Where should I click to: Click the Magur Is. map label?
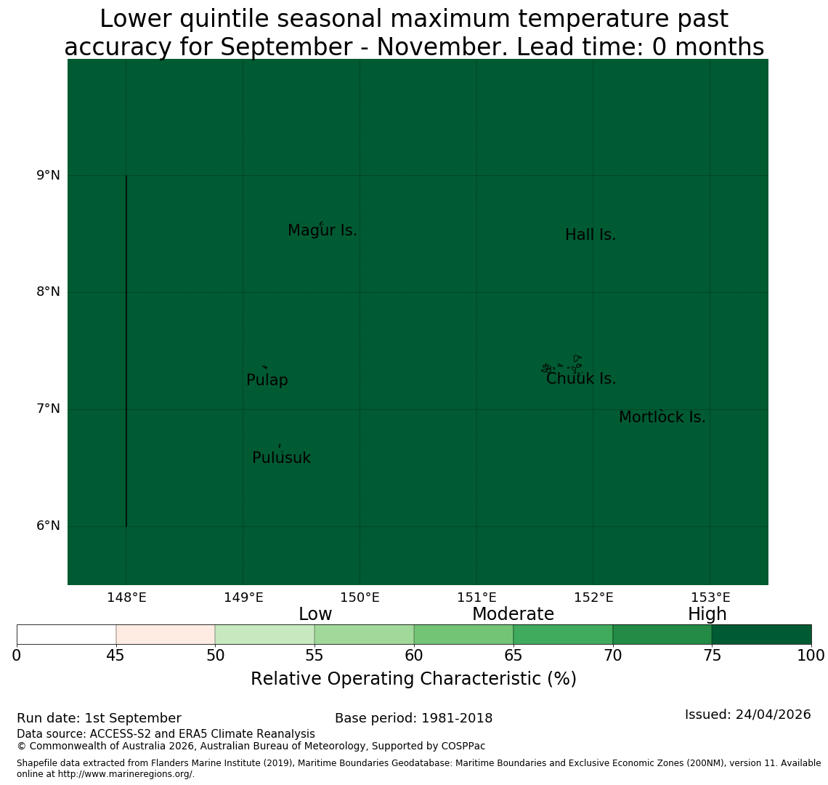(322, 230)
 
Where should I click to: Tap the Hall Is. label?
(590, 235)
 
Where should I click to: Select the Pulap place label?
(267, 380)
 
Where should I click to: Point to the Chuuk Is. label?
(581, 379)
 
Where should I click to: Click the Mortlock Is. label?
(662, 417)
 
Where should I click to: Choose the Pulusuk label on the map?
(282, 458)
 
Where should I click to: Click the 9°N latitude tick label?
(49, 175)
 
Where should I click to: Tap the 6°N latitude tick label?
(49, 526)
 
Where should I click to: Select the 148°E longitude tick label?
(126, 597)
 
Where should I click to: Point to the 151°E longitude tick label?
(477, 597)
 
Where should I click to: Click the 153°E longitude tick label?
(711, 597)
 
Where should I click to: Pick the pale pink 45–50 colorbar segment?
(166, 635)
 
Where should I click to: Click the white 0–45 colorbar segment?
(67, 635)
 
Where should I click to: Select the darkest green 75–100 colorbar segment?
(761, 635)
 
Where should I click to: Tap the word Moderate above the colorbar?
(514, 614)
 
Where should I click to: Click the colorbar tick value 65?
(514, 656)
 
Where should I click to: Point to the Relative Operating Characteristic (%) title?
(413, 679)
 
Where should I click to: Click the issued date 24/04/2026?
(773, 714)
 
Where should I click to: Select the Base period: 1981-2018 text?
(413, 718)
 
